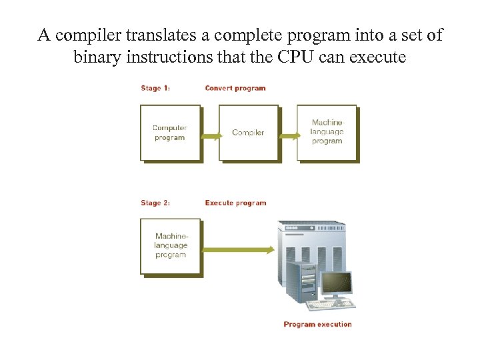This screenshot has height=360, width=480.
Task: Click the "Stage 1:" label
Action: pyautogui.click(x=155, y=88)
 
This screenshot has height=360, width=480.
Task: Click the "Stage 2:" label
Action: pyautogui.click(x=155, y=203)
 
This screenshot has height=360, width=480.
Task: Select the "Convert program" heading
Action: pyautogui.click(x=235, y=88)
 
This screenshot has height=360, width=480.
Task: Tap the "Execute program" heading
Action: pyautogui.click(x=235, y=203)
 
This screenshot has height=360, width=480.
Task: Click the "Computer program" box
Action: pyautogui.click(x=170, y=133)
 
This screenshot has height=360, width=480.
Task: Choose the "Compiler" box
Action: pyautogui.click(x=248, y=133)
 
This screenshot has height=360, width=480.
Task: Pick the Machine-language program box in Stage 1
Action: pyautogui.click(x=327, y=132)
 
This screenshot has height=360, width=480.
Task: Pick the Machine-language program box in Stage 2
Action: pyautogui.click(x=171, y=245)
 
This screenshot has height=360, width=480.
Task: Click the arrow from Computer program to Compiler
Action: pyautogui.click(x=210, y=136)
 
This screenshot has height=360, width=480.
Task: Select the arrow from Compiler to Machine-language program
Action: pyautogui.click(x=289, y=136)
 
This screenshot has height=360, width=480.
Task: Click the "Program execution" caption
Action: pyautogui.click(x=317, y=325)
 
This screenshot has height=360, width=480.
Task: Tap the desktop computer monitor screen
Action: pyautogui.click(x=337, y=283)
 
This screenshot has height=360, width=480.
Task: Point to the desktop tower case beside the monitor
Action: pyautogui.click(x=300, y=283)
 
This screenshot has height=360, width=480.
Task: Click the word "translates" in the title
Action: pyautogui.click(x=158, y=35)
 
